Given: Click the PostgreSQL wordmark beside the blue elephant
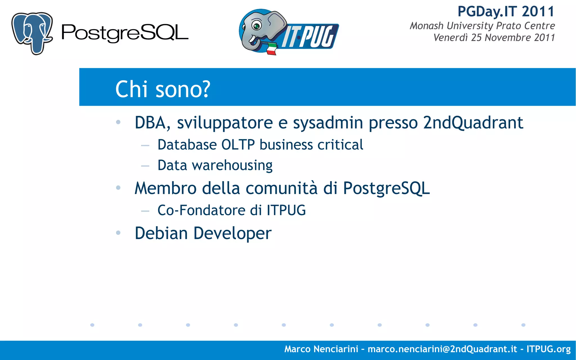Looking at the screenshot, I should point(125,33).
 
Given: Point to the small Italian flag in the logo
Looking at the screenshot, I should point(271,49).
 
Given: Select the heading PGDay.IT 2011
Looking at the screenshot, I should point(506,12).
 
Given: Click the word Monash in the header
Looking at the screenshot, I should point(426,26).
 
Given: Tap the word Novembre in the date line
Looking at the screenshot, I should point(508,38).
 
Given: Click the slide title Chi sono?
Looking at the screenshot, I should point(163,89).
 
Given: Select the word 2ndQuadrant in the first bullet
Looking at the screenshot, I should point(473,123).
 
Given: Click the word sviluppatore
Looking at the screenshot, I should point(224,123).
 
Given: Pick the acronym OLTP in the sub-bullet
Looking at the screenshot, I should point(238,145).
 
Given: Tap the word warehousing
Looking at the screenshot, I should point(232,165).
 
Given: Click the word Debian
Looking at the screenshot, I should point(161,233).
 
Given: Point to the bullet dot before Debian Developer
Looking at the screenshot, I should point(118,233).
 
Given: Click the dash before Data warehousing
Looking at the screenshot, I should point(145,166).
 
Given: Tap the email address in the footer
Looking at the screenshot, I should point(442,349).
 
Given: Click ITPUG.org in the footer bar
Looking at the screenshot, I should point(548,349).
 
